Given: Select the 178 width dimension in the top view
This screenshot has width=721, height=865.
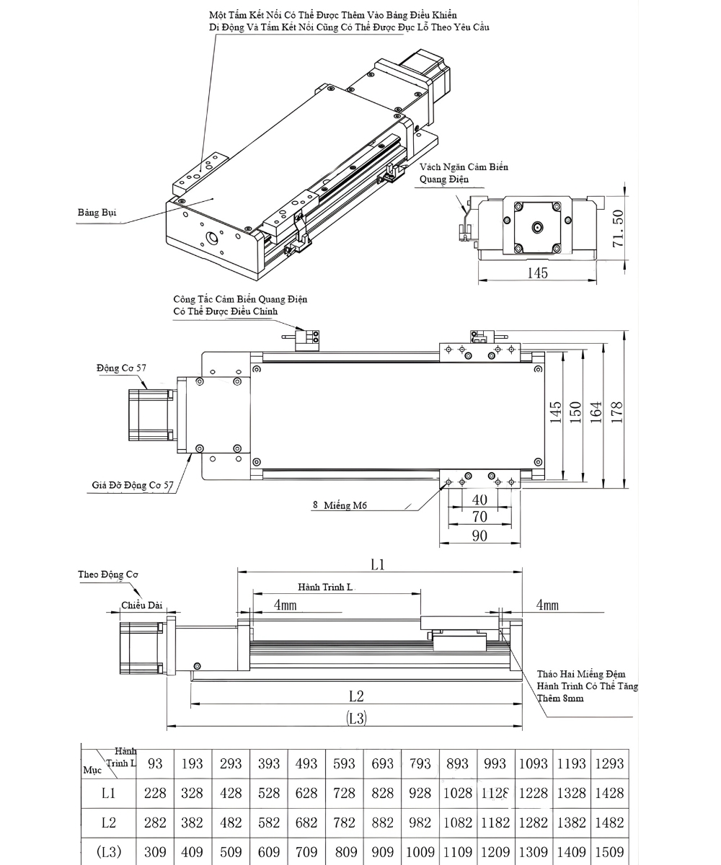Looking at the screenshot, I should click(x=617, y=411).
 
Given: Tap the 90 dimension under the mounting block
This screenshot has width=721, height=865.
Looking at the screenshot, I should click(x=479, y=536).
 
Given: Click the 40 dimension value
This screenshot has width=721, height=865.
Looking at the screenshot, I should click(x=479, y=500).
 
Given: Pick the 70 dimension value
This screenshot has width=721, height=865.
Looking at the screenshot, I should click(x=479, y=517).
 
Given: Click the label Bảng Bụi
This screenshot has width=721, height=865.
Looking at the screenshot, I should click(x=97, y=213).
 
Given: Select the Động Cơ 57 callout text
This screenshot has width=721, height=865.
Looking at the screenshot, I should click(x=121, y=368).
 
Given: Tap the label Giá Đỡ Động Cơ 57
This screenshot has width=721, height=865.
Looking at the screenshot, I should click(x=133, y=485).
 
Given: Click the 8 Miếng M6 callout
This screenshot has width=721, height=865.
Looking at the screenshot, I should click(x=340, y=505).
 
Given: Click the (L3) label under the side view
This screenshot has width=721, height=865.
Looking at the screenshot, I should click(x=356, y=718).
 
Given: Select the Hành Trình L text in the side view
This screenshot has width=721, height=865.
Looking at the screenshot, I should click(x=325, y=587).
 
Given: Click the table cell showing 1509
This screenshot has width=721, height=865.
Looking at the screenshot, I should click(x=609, y=852).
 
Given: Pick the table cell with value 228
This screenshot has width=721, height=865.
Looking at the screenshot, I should click(x=155, y=793).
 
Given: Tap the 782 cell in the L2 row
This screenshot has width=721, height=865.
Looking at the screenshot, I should click(x=345, y=822).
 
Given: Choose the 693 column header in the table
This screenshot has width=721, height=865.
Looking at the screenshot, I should click(x=382, y=763).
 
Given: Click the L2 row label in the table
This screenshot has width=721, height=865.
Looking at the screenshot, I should click(x=108, y=822).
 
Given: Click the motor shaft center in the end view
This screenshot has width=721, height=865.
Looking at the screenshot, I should click(x=537, y=228).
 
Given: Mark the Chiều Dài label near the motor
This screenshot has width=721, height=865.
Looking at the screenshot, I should click(x=141, y=605).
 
